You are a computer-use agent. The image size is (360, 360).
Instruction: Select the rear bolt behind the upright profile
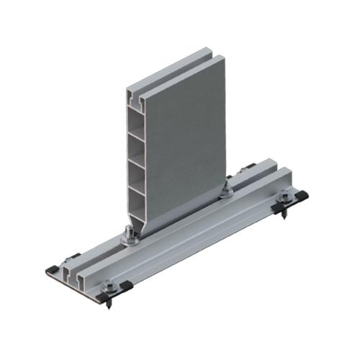(228, 189)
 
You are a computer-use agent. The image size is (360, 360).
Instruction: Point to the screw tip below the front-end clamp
(110, 306)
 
